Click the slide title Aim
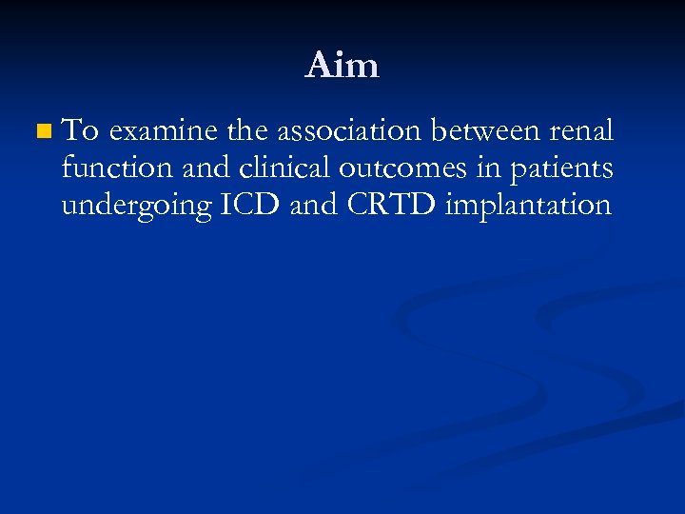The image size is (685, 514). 342,65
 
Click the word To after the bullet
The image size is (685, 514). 82,129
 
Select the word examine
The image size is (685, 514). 161,130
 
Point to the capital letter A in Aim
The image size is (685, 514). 318,65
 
